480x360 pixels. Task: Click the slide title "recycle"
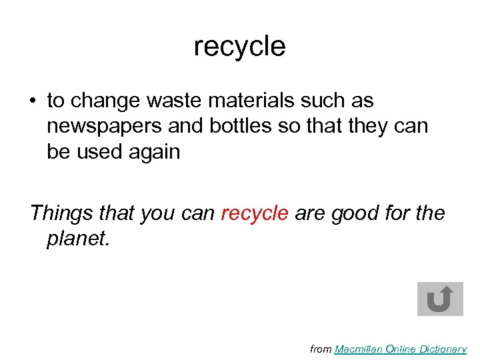239,47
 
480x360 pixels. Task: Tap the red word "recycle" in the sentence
255,213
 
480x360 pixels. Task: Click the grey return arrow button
439,299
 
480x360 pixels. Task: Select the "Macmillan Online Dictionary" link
400,349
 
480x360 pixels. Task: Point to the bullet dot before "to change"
32,101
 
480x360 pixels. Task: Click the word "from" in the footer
321,349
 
